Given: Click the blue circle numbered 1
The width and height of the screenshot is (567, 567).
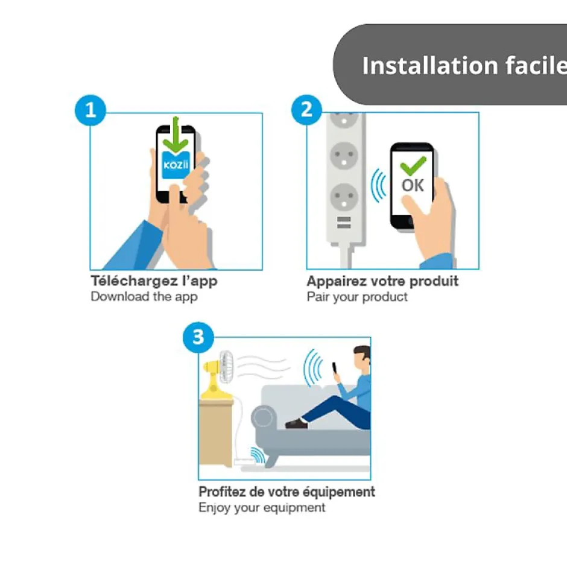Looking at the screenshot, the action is pos(90,110).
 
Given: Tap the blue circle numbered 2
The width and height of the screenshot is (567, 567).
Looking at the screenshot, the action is pos(306,110).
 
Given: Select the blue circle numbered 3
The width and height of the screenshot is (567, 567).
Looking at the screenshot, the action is pos(198,337).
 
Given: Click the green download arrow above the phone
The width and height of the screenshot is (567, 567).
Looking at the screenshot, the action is pos(176,136).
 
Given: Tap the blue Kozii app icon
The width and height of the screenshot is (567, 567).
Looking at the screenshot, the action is pos(176,165).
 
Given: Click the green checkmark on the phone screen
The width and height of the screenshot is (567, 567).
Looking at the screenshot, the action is pos(413,166).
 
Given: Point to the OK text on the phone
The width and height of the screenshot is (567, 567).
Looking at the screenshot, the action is pos(413,185).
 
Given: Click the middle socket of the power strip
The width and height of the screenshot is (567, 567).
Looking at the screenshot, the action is pos(344,156).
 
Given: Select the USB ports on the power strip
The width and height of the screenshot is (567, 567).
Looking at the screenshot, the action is pos(344,223).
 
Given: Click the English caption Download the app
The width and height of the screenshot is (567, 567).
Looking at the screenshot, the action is pos(144,297).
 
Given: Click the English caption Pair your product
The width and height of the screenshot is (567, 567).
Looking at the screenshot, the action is pos(357,297).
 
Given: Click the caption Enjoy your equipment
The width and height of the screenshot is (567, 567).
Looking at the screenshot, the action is pos(262,508).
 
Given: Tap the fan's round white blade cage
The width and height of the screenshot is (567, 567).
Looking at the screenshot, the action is pos(226,367).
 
